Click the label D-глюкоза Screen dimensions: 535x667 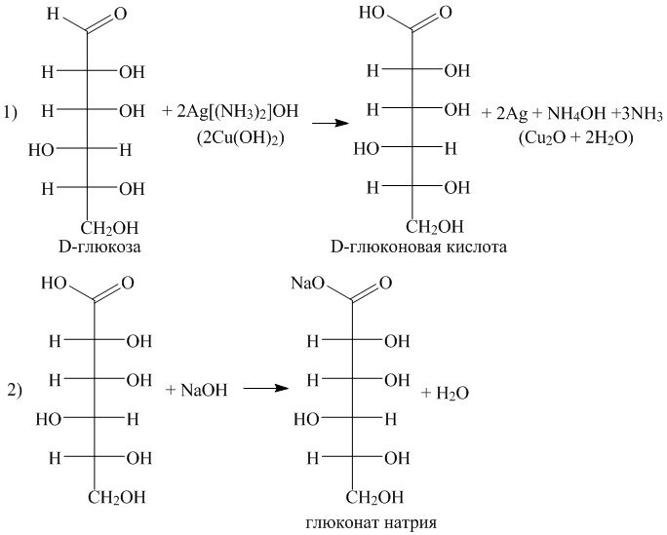[x=101, y=247]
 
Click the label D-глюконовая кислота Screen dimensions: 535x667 [x=419, y=248]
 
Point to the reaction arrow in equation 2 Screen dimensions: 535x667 [x=266, y=389]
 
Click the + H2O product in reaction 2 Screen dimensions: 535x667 [x=447, y=393]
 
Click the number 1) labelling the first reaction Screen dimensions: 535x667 [x=12, y=112]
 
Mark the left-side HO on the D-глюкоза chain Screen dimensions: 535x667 [x=42, y=150]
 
